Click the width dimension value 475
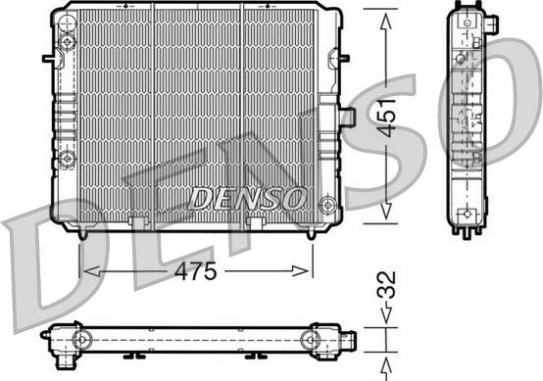pyautogui.click(x=195, y=272)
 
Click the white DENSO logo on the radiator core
pyautogui.click(x=248, y=198)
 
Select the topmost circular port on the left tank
pyautogui.click(x=67, y=41)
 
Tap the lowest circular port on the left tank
pyautogui.click(x=67, y=159)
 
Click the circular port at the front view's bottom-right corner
pyautogui.click(x=326, y=205)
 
